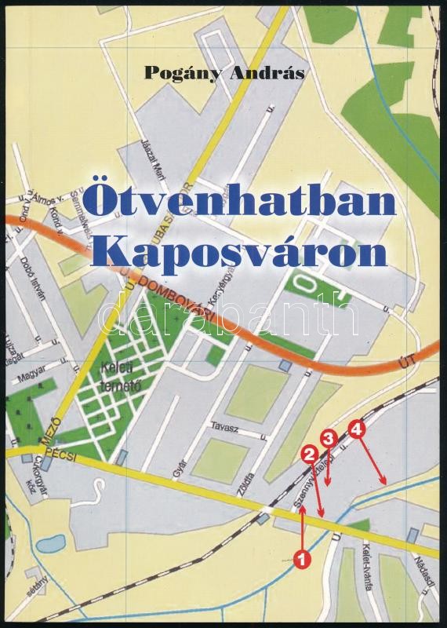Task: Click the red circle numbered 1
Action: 301,560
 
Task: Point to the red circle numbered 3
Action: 329,438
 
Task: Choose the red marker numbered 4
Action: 358,429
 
